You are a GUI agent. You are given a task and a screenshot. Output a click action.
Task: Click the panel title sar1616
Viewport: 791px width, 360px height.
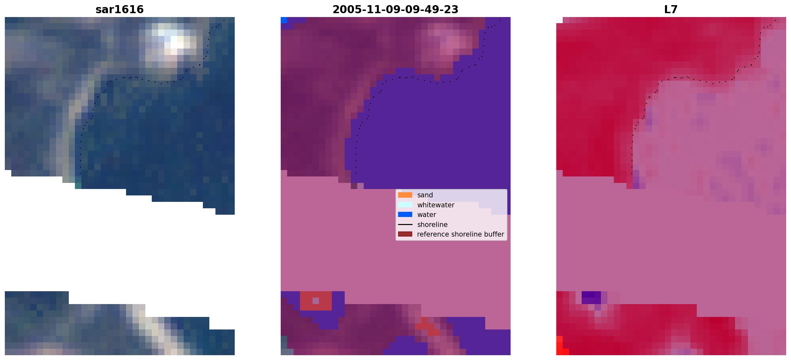pos(120,9)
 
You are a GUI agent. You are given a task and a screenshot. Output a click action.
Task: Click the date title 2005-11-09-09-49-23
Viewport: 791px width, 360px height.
pos(395,9)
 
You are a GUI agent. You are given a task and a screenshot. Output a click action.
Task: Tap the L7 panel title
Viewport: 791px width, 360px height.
pos(671,9)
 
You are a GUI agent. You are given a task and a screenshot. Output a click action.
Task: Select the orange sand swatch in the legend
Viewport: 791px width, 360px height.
pos(405,195)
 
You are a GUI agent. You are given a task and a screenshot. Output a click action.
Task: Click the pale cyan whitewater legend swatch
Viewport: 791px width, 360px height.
pos(405,205)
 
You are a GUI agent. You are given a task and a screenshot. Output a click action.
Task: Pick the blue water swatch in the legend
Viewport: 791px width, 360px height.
pos(405,214)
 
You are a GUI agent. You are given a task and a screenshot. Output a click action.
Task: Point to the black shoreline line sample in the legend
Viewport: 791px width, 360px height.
pos(405,224)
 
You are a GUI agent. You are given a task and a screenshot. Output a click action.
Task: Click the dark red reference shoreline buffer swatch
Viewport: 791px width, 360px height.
pos(405,234)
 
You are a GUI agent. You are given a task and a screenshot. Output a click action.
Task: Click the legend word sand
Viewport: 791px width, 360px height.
pos(425,195)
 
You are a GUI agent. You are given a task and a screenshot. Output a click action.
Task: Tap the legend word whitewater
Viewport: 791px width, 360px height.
pos(436,205)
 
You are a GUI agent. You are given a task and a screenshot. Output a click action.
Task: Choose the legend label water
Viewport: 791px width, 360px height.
pos(427,215)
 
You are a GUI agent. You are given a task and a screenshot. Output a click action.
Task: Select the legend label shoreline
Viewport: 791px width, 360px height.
pos(432,225)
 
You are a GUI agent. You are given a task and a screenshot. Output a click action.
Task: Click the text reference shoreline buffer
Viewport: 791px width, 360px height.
pos(460,234)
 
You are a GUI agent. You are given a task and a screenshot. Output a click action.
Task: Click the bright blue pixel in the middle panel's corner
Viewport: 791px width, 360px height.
pos(284,20)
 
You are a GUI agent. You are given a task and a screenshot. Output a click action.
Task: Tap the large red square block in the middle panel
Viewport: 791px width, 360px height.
pos(316,301)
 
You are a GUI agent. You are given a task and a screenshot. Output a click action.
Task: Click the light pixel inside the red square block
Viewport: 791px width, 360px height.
pos(316,301)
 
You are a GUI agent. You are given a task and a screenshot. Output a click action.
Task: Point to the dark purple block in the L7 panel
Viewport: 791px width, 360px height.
pos(591,297)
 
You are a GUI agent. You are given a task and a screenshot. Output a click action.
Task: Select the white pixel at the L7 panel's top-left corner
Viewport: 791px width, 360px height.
pos(559,20)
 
